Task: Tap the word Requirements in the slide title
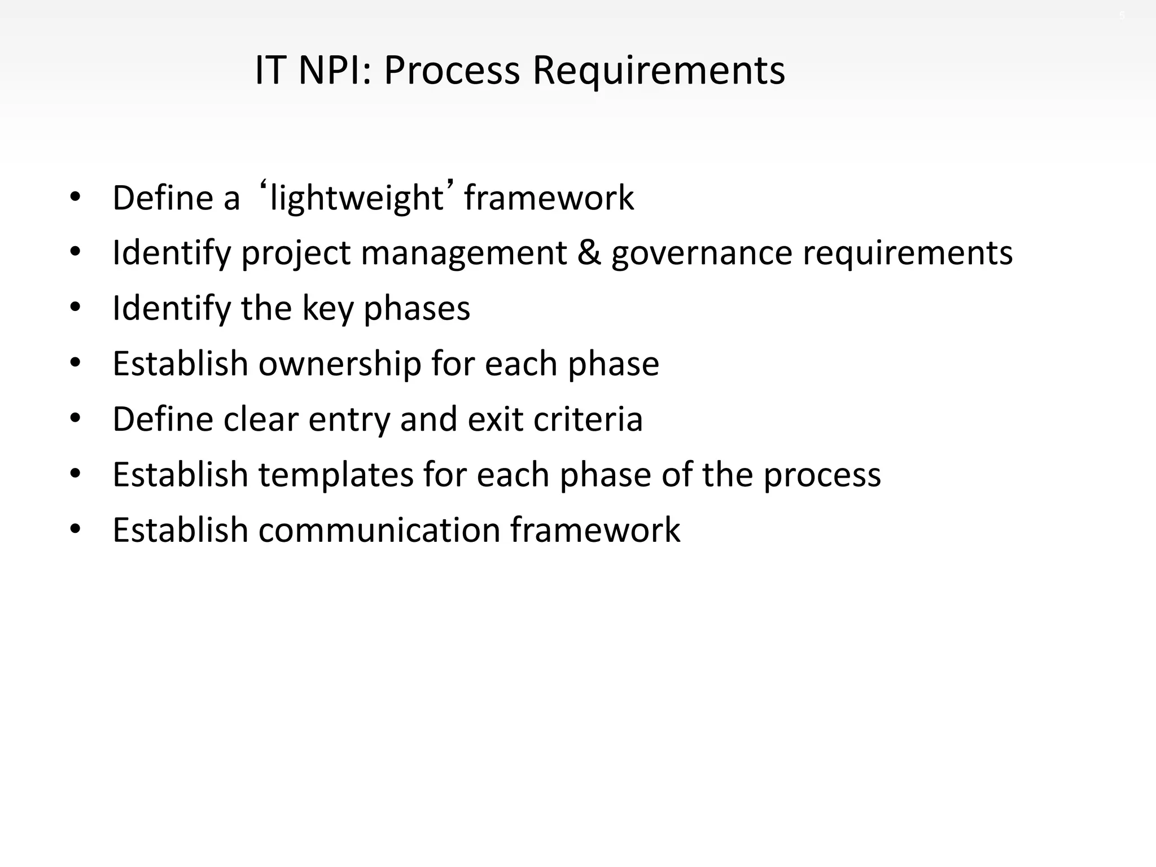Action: point(658,72)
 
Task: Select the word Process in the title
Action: point(452,71)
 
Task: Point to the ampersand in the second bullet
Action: point(589,252)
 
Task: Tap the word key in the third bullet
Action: point(327,308)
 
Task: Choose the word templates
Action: point(336,474)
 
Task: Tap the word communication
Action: point(379,530)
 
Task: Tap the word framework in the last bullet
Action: point(595,530)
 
